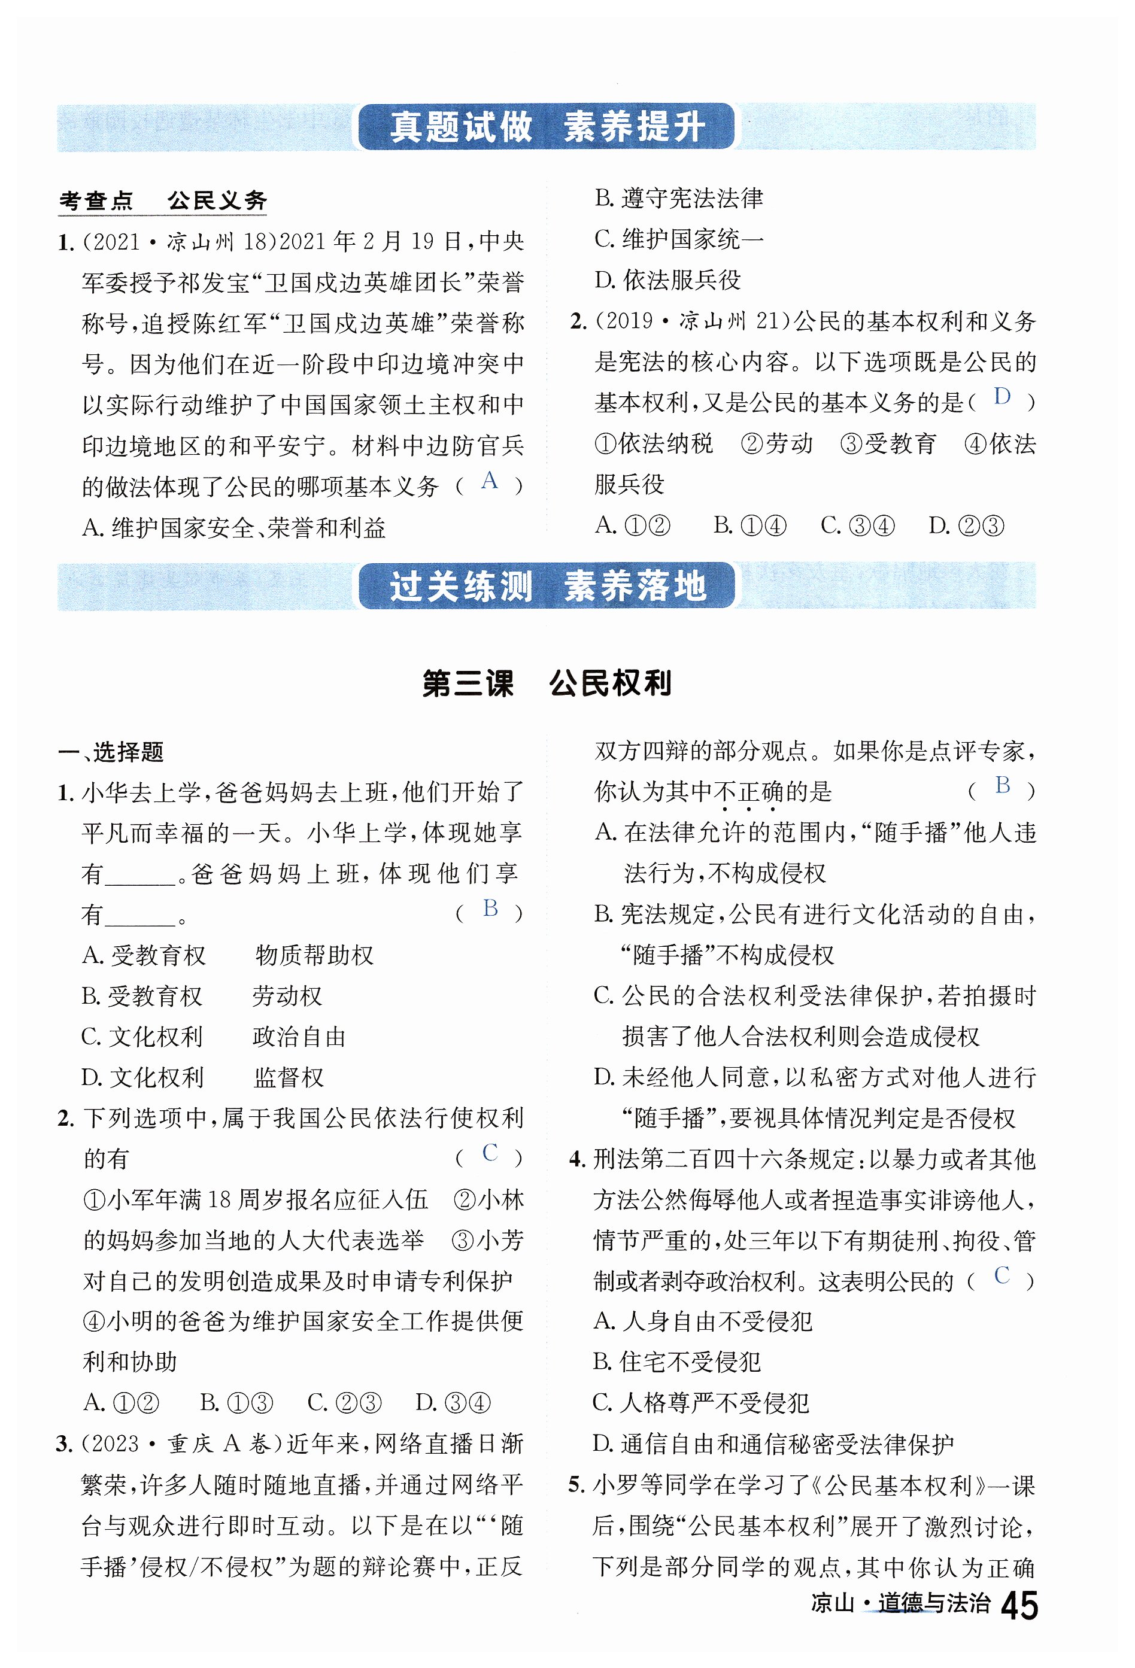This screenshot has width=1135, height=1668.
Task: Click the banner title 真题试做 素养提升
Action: [x=547, y=127]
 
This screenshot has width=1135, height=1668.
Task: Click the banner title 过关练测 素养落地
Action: [x=547, y=586]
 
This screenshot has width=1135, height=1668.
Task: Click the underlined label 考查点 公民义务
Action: [x=163, y=200]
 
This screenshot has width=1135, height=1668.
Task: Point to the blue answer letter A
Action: [x=489, y=480]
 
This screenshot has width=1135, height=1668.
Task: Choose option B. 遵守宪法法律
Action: [x=678, y=198]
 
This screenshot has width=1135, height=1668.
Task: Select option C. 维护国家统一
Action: [x=678, y=239]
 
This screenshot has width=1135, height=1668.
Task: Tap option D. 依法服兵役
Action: [x=667, y=280]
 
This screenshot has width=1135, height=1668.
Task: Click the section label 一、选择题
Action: [x=111, y=752]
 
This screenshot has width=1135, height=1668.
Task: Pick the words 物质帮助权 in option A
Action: [x=314, y=955]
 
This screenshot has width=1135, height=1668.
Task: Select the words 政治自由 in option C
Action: [x=299, y=1037]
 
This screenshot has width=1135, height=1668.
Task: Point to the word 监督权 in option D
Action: [x=289, y=1077]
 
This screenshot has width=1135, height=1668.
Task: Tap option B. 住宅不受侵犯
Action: [x=677, y=1362]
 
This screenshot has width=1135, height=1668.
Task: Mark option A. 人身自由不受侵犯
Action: [x=703, y=1321]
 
